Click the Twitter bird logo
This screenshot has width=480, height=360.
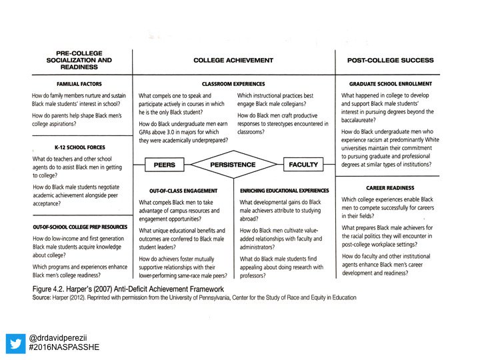16,343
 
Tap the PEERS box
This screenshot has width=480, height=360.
164,164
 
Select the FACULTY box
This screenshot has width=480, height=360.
303,164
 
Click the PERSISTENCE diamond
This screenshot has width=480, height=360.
233,164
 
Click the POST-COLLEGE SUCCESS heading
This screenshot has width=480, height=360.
390,60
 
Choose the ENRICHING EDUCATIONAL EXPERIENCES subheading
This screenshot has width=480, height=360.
285,190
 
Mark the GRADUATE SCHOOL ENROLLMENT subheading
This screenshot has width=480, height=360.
390,84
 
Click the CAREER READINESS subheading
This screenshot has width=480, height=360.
390,187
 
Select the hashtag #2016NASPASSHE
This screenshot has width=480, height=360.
64,347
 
